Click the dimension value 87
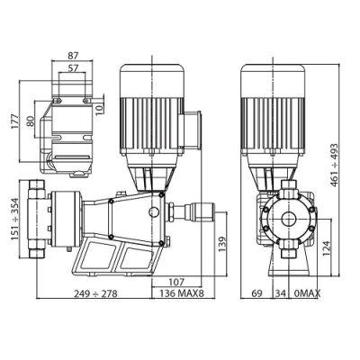(x=73, y=56)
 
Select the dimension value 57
(x=73, y=68)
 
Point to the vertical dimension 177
(x=15, y=121)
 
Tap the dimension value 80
(x=31, y=121)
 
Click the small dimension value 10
(x=99, y=109)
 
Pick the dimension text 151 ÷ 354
(x=15, y=219)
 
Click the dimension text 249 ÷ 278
(x=95, y=293)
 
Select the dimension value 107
(x=176, y=282)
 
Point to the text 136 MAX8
(x=182, y=293)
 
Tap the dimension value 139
(x=221, y=244)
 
